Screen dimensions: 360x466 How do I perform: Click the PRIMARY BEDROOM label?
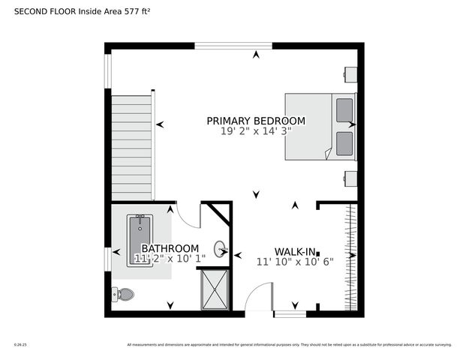256,121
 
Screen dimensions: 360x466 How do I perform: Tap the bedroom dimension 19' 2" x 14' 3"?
256,131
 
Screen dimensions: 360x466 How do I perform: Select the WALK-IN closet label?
294,252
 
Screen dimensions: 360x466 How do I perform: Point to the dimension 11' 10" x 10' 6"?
294,262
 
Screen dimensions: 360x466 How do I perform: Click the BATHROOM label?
170,248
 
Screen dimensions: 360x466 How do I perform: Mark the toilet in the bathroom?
123,293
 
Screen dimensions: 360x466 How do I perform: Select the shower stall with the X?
215,289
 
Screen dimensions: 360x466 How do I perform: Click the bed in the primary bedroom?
315,126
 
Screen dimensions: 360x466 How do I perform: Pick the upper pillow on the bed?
344,110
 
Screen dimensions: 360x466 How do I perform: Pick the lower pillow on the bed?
344,143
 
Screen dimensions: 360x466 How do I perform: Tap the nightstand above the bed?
350,73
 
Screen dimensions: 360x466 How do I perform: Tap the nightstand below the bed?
350,178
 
